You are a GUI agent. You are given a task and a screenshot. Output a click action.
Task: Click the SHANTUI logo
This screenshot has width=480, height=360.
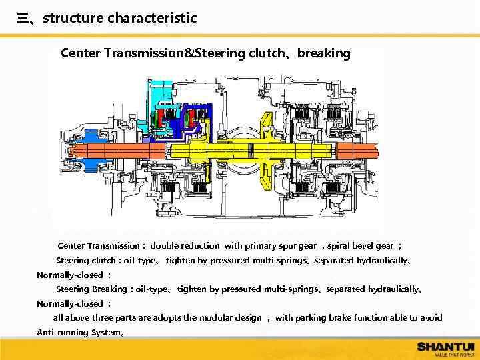[445, 347]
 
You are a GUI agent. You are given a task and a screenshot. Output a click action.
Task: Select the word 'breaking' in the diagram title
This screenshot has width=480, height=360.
[323, 53]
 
